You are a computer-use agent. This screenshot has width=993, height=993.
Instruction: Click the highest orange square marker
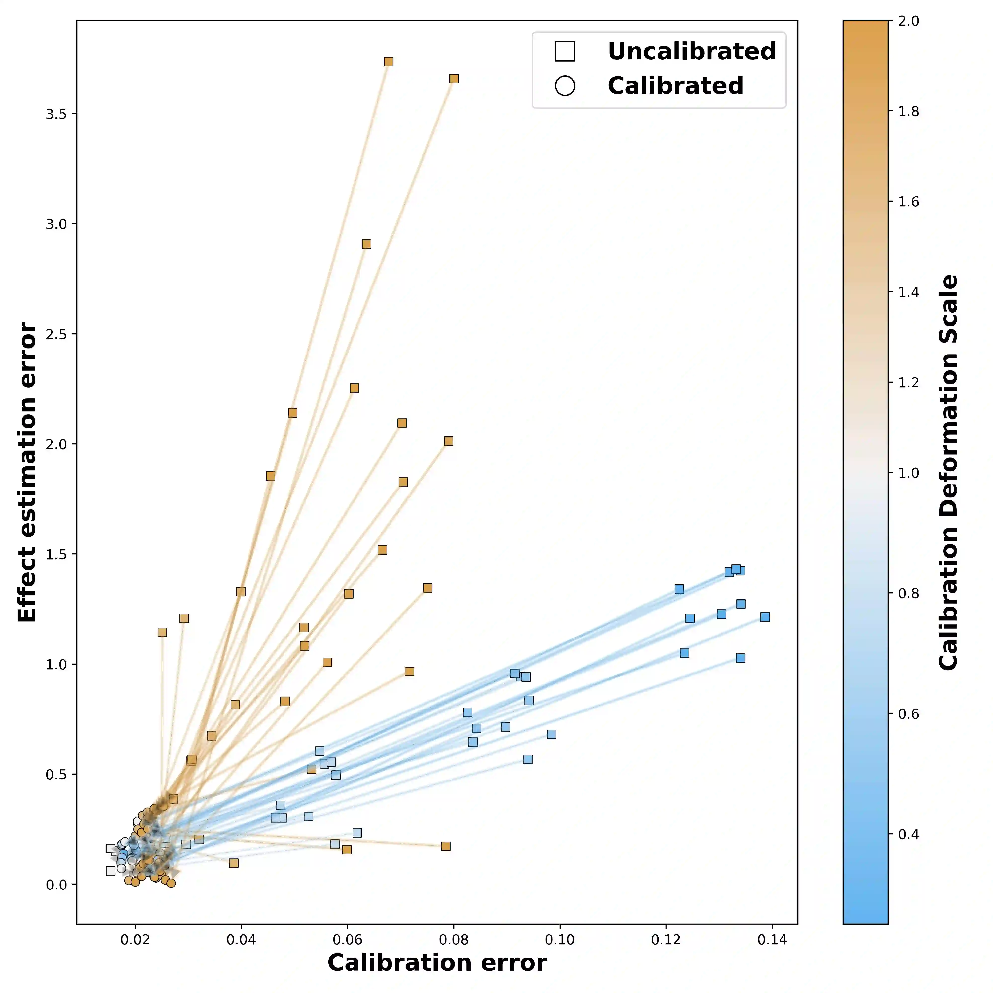[389, 62]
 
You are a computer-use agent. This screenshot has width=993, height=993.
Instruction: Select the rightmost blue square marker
[765, 617]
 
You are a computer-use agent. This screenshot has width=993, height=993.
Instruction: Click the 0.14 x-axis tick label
[772, 940]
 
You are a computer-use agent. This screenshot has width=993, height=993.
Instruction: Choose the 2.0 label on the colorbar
[908, 21]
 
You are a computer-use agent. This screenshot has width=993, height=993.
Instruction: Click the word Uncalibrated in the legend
[691, 51]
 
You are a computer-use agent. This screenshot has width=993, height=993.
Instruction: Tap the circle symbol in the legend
[565, 86]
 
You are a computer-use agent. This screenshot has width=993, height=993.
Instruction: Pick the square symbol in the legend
[565, 51]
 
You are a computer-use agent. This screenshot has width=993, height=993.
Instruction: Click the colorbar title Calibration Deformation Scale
[948, 472]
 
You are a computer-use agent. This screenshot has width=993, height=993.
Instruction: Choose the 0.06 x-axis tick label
[348, 940]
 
